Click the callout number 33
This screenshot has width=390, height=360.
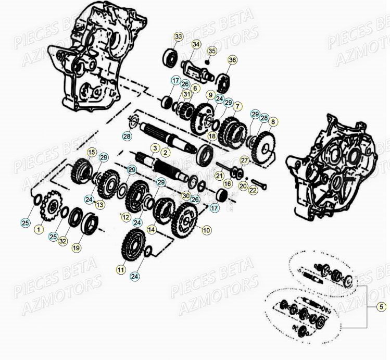(x=179, y=36)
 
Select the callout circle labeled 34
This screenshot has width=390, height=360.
(x=196, y=44)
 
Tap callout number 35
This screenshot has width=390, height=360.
(x=211, y=51)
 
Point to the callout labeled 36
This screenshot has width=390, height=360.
(x=232, y=60)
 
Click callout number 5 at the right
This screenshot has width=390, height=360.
(x=381, y=306)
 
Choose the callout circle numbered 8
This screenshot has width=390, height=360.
(x=273, y=121)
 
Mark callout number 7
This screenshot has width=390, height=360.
(x=237, y=107)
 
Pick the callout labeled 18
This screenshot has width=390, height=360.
(x=211, y=136)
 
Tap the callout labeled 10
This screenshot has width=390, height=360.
(x=207, y=230)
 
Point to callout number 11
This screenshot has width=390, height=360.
(x=121, y=270)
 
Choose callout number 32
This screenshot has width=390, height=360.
(x=62, y=241)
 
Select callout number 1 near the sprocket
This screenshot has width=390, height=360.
(x=38, y=229)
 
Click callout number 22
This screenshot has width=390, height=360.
(x=253, y=191)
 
